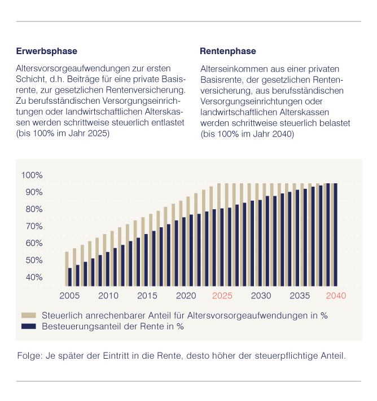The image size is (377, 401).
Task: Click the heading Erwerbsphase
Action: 46,51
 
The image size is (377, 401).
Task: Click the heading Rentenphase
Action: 223,51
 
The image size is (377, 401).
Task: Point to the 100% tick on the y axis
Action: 32,175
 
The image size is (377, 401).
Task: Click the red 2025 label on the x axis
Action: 222,296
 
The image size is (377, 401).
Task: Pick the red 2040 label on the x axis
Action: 336,296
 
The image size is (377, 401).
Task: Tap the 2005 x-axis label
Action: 69,296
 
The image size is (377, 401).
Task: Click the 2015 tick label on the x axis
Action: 147,296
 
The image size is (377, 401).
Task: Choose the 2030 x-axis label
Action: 260,296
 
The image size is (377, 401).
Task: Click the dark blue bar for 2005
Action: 70,277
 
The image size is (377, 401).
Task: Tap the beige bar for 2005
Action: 66,269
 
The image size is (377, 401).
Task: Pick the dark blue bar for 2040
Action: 336,234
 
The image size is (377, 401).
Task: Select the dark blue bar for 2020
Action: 184,252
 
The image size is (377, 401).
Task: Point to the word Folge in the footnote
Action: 29,356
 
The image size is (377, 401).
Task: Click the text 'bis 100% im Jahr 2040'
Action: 247,134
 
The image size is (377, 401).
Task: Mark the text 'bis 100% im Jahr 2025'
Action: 63,134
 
